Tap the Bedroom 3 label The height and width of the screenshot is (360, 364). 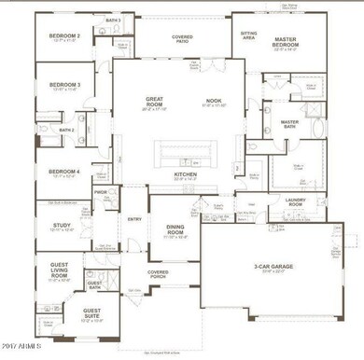[65, 83]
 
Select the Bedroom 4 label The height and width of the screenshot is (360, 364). [64, 171]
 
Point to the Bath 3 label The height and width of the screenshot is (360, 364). [113, 20]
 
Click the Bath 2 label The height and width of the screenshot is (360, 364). [65, 130]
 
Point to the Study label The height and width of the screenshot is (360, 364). [62, 225]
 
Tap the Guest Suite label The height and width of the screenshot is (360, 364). [92, 312]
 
